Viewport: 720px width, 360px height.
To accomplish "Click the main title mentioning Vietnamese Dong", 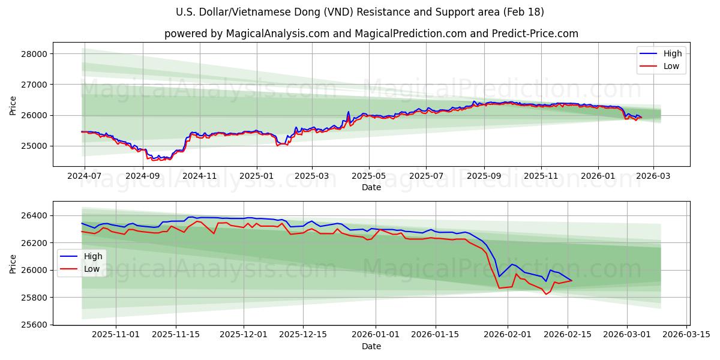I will [360, 12].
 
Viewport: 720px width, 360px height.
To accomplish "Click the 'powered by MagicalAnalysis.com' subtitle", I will [371, 34].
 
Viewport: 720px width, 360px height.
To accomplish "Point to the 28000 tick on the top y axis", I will [34, 54].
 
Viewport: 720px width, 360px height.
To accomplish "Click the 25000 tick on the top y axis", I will [34, 146].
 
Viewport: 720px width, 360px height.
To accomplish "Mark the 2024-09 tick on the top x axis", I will [142, 176].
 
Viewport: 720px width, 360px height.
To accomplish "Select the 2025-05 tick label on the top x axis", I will [368, 176].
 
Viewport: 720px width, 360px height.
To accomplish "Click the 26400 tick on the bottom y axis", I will [34, 215].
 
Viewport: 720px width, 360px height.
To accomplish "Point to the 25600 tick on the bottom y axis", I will [34, 325].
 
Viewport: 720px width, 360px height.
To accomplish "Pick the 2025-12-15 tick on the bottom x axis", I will [303, 335].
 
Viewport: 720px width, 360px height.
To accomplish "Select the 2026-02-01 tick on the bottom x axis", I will [508, 335].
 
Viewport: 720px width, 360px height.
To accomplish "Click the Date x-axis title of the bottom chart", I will [371, 346].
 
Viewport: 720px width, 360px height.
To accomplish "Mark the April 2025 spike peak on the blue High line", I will [348, 112].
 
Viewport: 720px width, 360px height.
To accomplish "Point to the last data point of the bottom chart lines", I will [572, 281].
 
